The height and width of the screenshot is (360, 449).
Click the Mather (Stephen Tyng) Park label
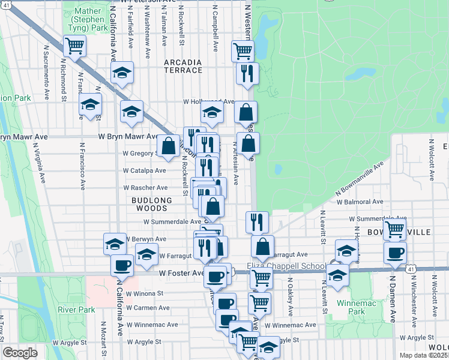pyautogui.click(x=92, y=19)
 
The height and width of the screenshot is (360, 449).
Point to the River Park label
pyautogui.click(x=76, y=310)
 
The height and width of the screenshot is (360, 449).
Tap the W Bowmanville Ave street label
pyautogui.click(x=360, y=178)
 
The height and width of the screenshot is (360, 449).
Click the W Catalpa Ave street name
pyautogui.click(x=144, y=170)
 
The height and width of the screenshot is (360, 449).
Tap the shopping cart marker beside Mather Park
pyautogui.click(x=75, y=46)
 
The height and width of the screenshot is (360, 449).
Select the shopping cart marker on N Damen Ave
pyautogui.click(x=394, y=229)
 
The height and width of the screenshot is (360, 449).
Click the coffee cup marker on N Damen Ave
pyautogui.click(x=394, y=253)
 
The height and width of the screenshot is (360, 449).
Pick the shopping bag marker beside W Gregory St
pyautogui.click(x=169, y=146)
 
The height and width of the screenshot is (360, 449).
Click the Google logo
pyautogui.click(x=19, y=353)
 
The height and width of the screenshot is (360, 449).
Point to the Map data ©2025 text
pyautogui.click(x=424, y=355)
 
